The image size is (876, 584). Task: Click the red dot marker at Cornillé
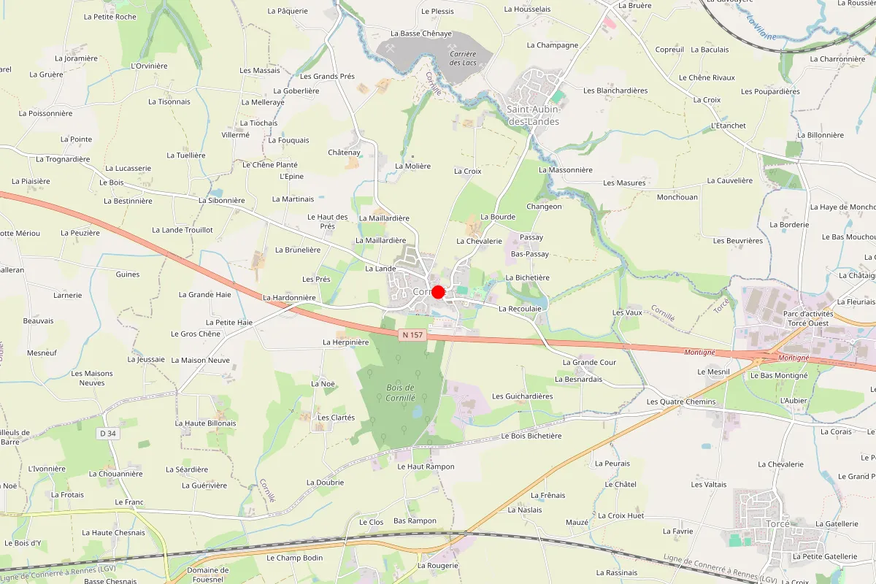pos(438,292)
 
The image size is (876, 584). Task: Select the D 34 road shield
pos(107,434)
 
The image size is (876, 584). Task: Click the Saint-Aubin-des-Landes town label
pos(533,115)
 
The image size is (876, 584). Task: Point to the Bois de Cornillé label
pos(399,392)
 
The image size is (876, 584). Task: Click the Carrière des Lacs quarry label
pos(463,58)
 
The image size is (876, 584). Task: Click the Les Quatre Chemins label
pos(681,402)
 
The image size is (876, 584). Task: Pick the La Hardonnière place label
pos(289,298)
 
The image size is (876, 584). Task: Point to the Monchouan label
pos(677,197)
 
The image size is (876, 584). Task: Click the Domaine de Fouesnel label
pos(208,575)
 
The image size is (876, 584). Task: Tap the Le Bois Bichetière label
pos(531,436)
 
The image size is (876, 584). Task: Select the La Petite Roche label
pos(110,17)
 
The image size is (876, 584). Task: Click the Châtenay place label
pos(345,153)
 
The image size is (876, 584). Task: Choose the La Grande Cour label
pos(590,362)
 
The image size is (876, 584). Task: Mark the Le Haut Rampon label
pos(426,466)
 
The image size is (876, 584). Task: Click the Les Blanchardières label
pos(615,91)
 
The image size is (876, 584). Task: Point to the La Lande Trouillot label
pos(182,230)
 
